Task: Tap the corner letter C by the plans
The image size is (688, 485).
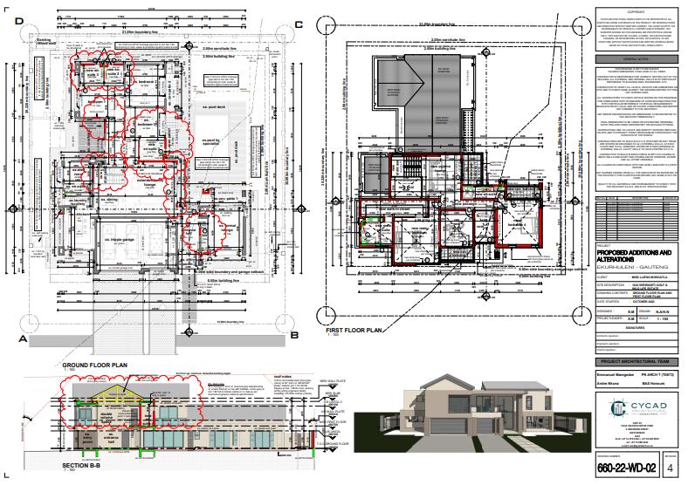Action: [x=299, y=25]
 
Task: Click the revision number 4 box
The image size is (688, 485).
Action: [x=670, y=469]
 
